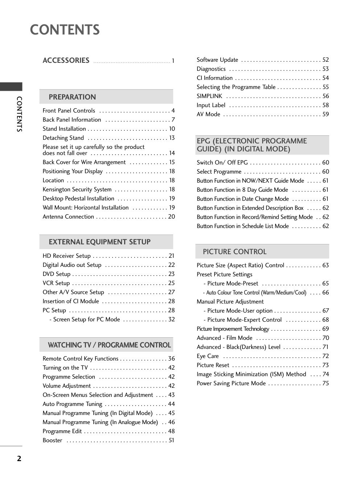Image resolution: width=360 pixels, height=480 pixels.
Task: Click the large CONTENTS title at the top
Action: point(65,30)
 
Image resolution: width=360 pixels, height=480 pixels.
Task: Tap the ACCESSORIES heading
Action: point(66,60)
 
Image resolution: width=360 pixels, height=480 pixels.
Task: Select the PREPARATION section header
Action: point(72,97)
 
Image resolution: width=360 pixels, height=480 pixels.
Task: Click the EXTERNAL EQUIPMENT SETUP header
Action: point(99,242)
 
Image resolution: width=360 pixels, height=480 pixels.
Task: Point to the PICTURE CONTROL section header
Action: point(234,252)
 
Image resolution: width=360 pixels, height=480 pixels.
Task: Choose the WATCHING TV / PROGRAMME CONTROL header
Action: point(109,345)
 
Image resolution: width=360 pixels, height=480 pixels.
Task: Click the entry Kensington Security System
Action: point(77,190)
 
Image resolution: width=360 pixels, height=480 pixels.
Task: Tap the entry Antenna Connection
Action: point(68,217)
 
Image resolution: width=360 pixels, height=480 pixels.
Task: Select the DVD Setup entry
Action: point(57,274)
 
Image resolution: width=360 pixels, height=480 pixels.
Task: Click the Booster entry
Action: point(53,440)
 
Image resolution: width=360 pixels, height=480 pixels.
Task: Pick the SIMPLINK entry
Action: point(209,96)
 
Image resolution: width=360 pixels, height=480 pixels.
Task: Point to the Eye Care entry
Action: point(208,356)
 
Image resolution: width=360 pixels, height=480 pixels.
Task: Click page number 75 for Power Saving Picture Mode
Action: point(326,383)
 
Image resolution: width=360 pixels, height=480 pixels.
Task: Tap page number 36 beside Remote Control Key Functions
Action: point(171,359)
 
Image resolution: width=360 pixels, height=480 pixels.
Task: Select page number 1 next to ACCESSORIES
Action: point(173,61)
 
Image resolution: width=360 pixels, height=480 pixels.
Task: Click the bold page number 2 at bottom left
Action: point(19,459)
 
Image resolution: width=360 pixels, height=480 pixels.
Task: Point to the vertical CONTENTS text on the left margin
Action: point(19,114)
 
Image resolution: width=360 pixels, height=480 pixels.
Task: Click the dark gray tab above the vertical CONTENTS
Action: point(11,87)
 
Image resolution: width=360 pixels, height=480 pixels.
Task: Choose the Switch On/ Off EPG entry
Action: point(222,163)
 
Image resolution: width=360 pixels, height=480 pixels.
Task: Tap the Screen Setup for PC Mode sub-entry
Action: point(86,320)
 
